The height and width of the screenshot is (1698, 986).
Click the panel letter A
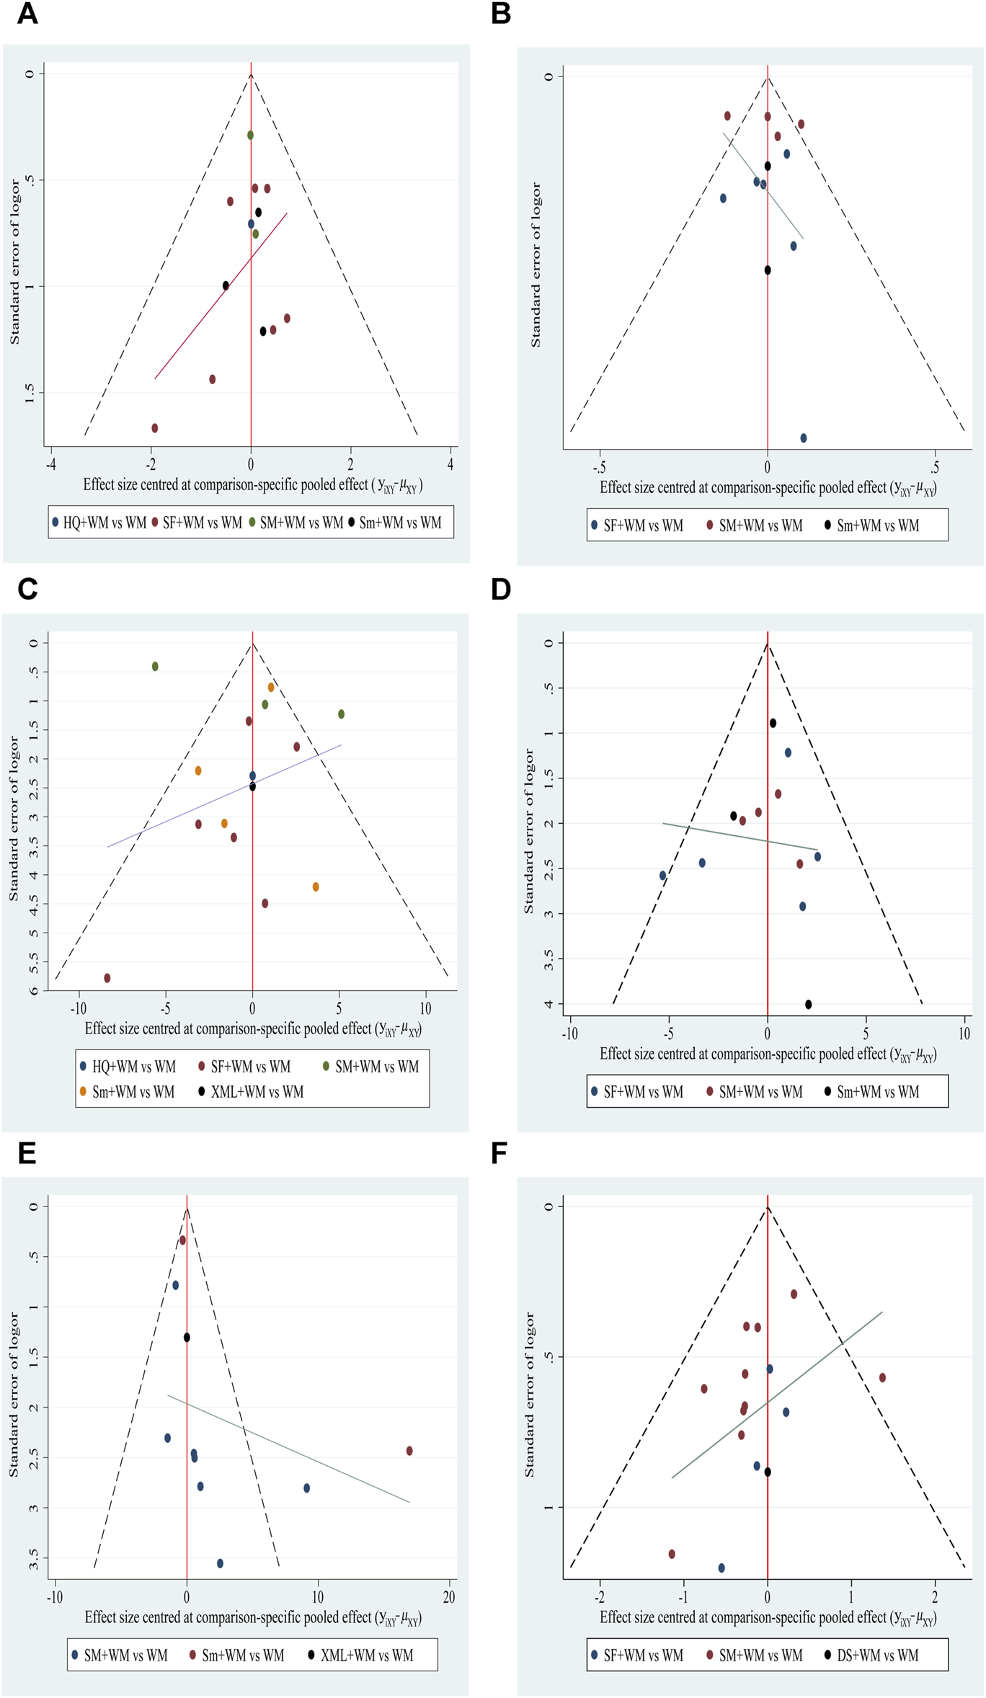(x=27, y=14)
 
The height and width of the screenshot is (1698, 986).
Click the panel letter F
(x=500, y=1154)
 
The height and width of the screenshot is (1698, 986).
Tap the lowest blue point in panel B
(x=804, y=438)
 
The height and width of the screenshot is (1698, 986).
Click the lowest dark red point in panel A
(x=155, y=428)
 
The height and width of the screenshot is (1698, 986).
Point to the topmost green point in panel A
(x=251, y=135)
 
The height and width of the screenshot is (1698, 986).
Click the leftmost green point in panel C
(x=155, y=667)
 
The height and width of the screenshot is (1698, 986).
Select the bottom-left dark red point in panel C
(x=107, y=978)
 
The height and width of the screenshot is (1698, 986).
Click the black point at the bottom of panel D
(x=809, y=1005)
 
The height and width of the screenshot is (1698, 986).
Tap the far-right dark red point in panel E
(x=409, y=1451)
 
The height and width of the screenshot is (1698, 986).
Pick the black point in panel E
(x=187, y=1338)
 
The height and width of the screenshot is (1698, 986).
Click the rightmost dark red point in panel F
(x=882, y=1378)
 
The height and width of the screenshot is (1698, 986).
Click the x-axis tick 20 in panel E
(x=449, y=1597)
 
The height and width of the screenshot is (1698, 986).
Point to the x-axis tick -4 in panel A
(x=51, y=466)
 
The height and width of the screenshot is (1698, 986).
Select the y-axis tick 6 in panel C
(x=33, y=990)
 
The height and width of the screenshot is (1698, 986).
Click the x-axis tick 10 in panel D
(x=964, y=1034)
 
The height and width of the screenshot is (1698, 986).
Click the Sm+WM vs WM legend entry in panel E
(x=236, y=1655)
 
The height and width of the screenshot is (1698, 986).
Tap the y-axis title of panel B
(x=536, y=265)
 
